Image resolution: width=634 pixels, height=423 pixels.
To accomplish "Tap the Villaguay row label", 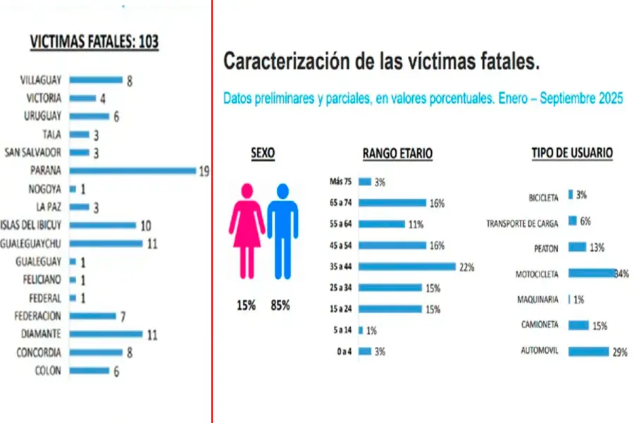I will pos(41,80).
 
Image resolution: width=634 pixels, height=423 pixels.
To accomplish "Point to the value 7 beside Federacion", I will pos(123,317).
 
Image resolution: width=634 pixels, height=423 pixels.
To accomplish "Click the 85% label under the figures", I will pos(280,306).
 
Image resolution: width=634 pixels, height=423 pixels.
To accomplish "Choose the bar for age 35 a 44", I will pos(407,266).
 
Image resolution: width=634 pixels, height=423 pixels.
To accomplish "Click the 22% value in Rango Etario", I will pos(466,267).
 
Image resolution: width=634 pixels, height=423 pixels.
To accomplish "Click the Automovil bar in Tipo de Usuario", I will pos(588,351).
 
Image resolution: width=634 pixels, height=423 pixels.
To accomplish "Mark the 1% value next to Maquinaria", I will pos(578,300).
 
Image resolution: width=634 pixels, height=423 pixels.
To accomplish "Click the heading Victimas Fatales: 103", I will pos(94,42).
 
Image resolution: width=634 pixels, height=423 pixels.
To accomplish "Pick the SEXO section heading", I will pos(263,152).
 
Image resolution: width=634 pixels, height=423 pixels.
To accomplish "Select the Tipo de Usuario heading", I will pos(572,152).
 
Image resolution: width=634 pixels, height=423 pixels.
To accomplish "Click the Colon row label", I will pos(48,371).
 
